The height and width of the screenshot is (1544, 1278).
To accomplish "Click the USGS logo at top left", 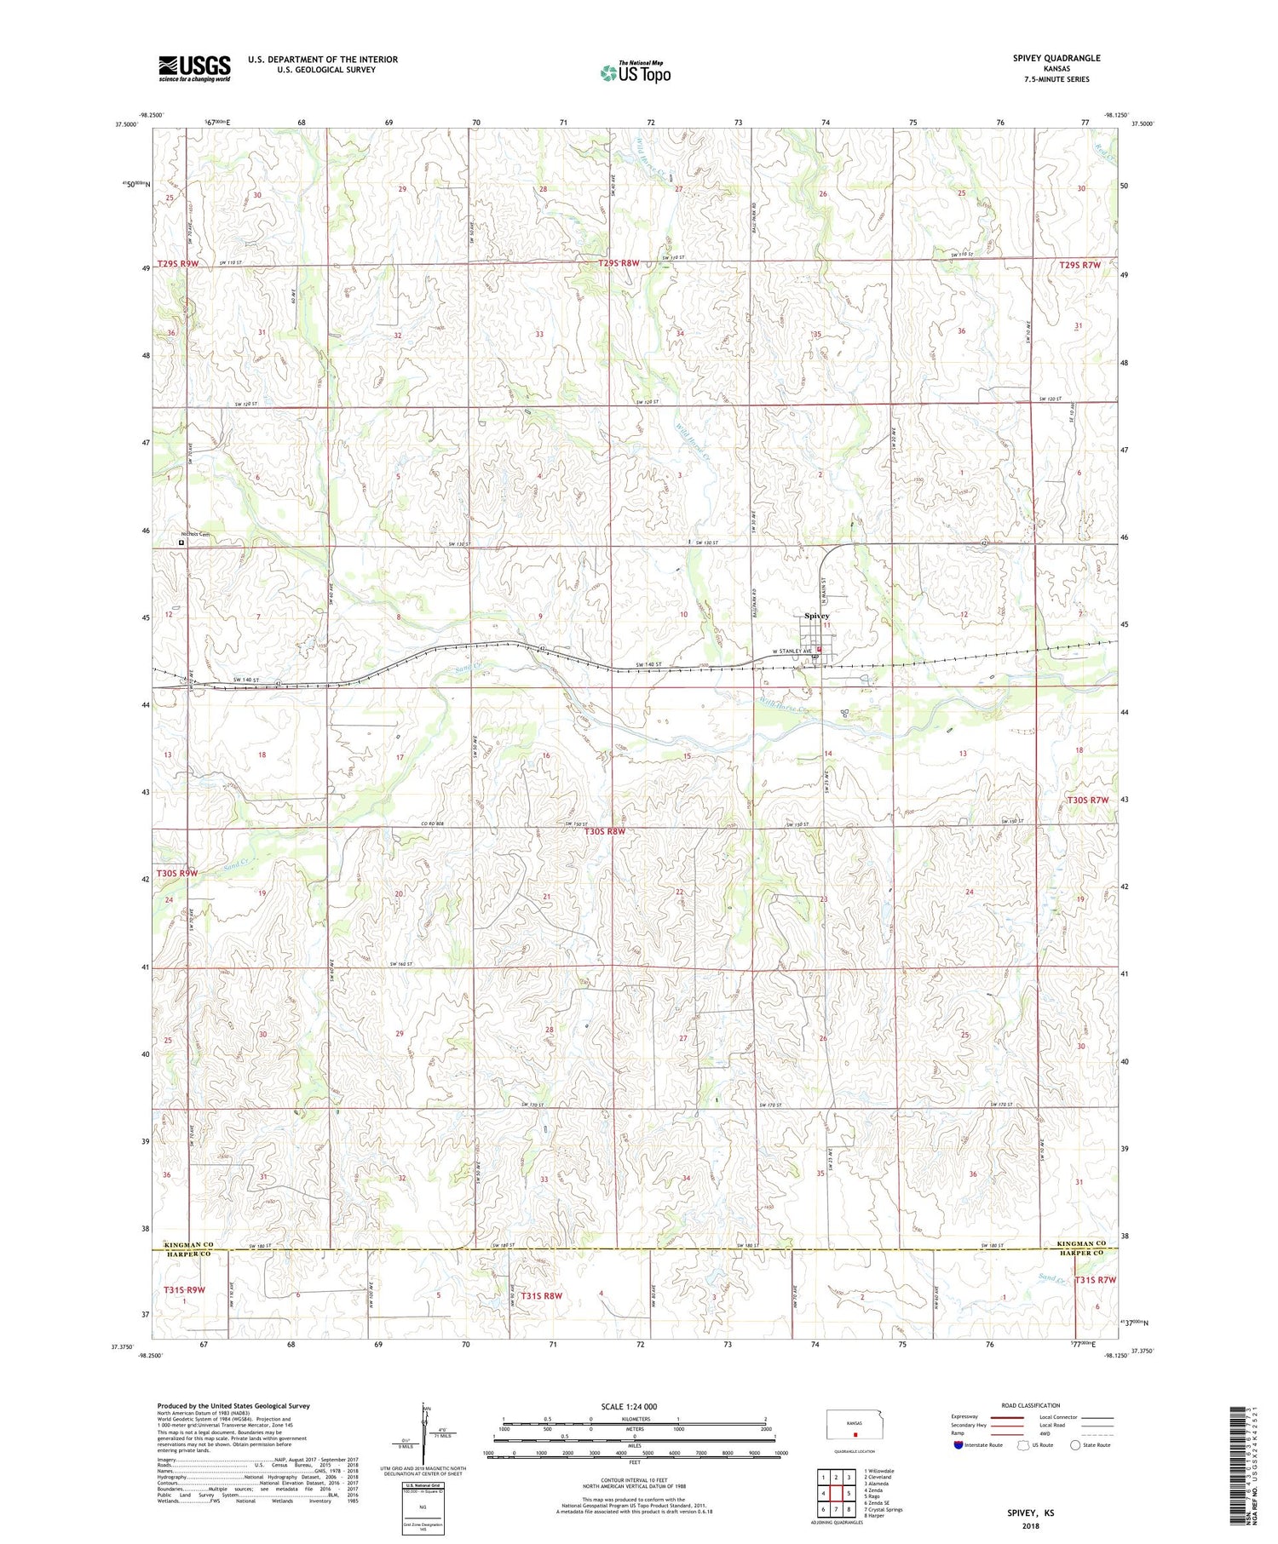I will tap(194, 67).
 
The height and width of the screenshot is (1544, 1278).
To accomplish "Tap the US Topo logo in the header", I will tap(635, 72).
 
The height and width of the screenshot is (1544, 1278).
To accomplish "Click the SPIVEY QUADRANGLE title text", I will tap(1051, 58).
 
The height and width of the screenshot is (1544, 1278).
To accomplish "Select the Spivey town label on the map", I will tap(816, 616).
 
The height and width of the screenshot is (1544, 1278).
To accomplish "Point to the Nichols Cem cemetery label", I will tap(194, 535).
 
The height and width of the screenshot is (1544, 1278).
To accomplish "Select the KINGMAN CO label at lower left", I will tap(183, 1245).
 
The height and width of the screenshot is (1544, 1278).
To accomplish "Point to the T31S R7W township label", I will tap(1095, 1280).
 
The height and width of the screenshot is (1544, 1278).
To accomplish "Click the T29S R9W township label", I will tap(177, 265).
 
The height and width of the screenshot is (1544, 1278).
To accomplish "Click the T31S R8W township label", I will tap(541, 1296).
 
